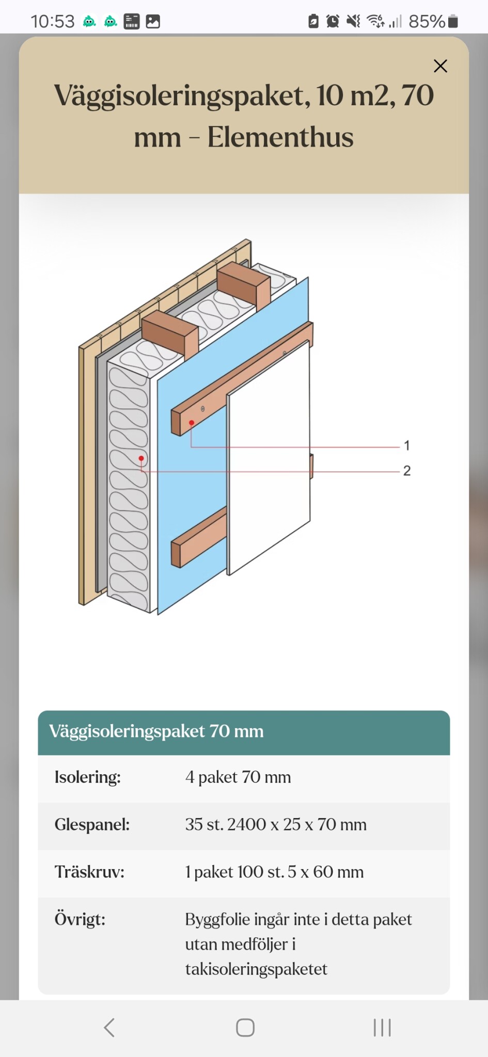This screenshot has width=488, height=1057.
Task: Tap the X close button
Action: point(440,66)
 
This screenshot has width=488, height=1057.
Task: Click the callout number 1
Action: point(407,445)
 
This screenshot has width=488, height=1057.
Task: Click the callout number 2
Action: point(407,471)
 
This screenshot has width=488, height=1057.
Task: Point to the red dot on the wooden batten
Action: point(191,423)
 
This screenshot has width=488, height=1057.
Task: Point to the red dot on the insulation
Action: point(141,458)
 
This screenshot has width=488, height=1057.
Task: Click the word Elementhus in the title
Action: point(280,137)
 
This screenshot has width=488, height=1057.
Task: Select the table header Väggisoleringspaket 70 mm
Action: point(156,731)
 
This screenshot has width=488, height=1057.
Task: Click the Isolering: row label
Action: point(88,777)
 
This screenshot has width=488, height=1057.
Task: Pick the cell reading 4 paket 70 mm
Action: point(238,777)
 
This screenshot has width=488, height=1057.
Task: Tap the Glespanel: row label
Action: point(92,825)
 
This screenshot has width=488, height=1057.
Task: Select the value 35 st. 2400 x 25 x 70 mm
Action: point(276,825)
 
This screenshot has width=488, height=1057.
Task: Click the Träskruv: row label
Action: point(90,872)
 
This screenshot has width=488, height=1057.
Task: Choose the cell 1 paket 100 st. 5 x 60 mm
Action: point(274,872)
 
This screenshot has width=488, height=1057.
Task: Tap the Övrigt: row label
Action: point(80,919)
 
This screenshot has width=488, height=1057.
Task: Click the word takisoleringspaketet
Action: point(256,969)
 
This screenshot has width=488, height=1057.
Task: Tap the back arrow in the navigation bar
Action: point(109,1028)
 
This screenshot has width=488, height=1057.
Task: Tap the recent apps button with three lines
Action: point(382,1028)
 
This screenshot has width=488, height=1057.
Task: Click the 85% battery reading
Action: point(427,21)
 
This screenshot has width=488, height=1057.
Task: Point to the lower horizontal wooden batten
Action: point(199,537)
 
